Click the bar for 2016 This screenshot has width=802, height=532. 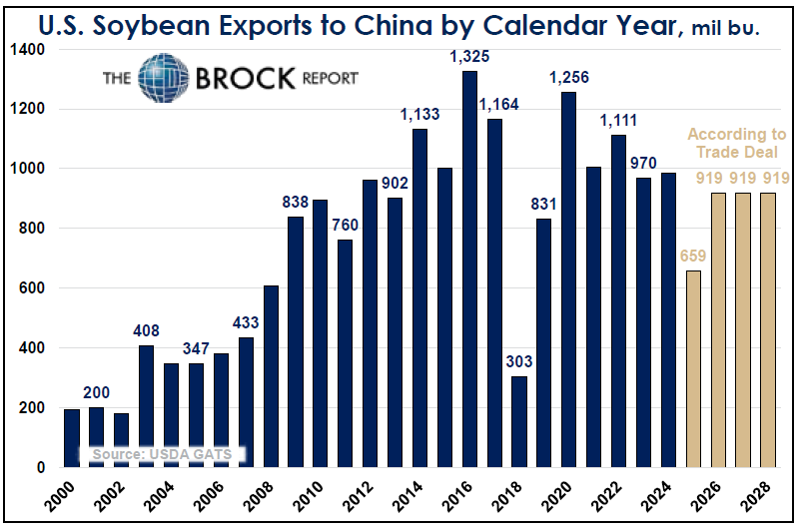[x=469, y=269]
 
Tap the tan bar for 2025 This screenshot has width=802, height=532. [x=694, y=368]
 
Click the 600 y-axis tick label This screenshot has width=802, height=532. [x=33, y=288]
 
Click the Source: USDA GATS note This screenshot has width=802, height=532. [x=162, y=454]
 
